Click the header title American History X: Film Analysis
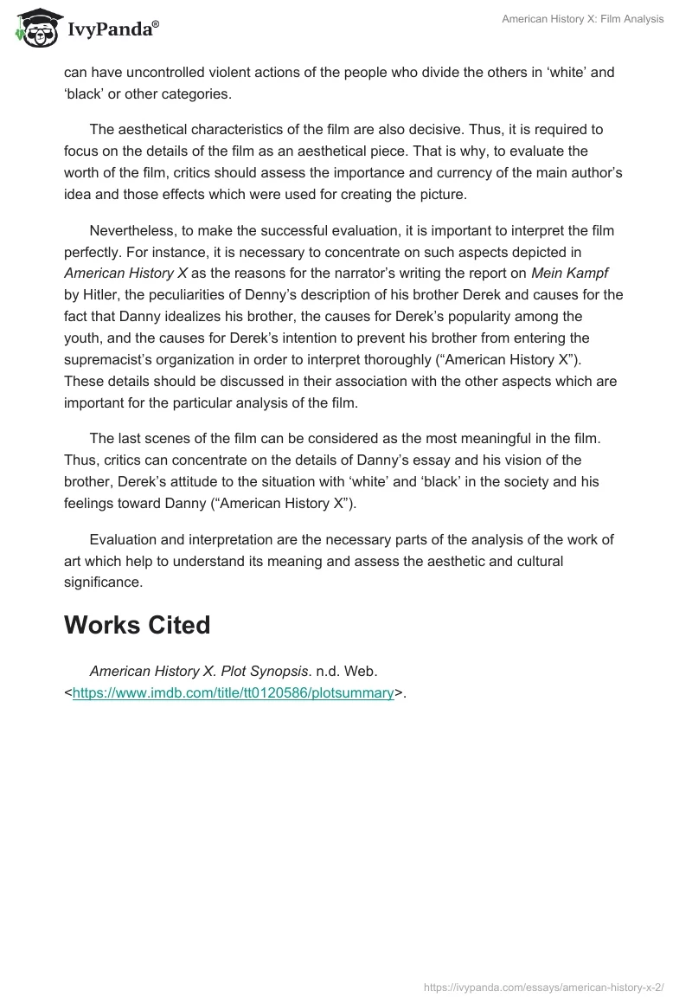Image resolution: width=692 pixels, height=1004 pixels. pos(582,19)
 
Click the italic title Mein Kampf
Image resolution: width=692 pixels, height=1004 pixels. pos(581,273)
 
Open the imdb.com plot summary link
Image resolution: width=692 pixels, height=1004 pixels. pos(234,692)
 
